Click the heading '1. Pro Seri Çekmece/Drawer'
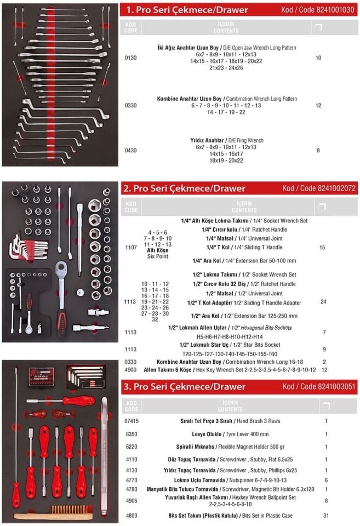click(187, 10)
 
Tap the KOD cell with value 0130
click(130, 58)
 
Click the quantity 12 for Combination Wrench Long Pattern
click(318, 105)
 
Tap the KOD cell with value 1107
click(130, 248)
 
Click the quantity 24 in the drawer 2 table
click(323, 301)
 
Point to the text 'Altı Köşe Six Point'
click(158, 253)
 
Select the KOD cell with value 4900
click(130, 370)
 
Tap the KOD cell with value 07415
click(130, 421)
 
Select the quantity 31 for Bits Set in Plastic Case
click(326, 516)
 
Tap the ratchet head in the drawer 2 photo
click(63, 270)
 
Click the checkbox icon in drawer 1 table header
click(318, 27)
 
